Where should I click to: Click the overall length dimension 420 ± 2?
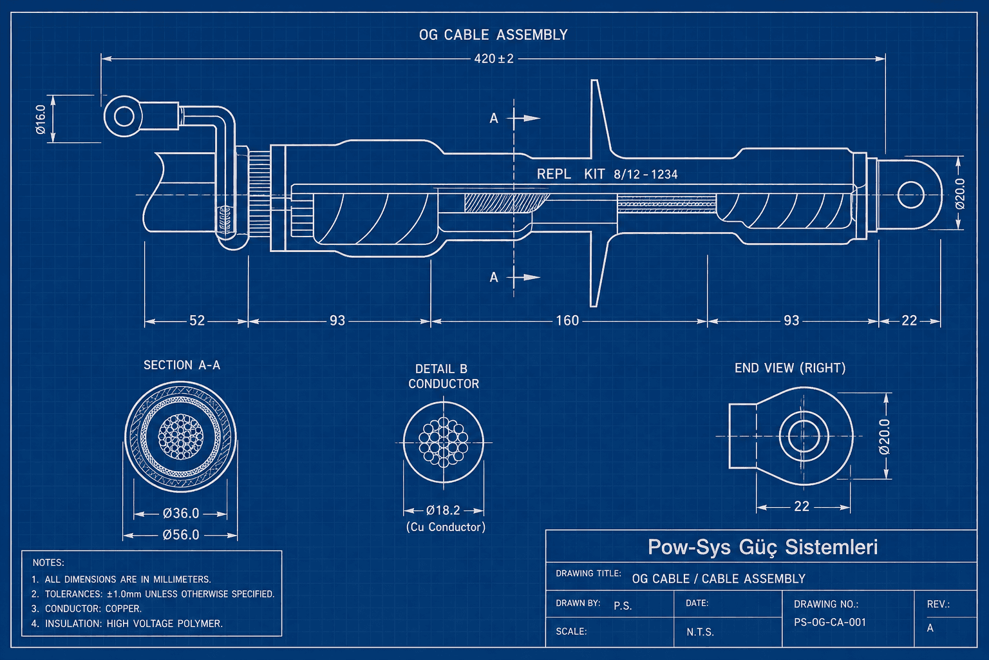tap(494, 59)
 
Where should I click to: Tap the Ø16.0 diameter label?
tap(41, 119)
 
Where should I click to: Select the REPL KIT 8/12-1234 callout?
tap(607, 174)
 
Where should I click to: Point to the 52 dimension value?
tap(197, 320)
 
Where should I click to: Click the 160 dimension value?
tap(567, 320)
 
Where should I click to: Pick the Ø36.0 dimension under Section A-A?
tap(181, 514)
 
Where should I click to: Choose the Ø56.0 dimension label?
tap(181, 535)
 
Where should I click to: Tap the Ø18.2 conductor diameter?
tap(444, 510)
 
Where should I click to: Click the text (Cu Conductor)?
tap(446, 527)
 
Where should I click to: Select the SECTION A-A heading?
tap(182, 365)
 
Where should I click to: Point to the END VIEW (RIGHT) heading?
tap(790, 368)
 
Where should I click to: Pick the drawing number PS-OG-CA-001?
tap(830, 623)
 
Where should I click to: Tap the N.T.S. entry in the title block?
tap(700, 632)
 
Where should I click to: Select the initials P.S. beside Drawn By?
tap(623, 606)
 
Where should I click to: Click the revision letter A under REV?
tap(930, 628)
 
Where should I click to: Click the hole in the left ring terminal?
tap(124, 117)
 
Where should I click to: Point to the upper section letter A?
tap(494, 118)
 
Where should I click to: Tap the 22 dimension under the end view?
tap(802, 507)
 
